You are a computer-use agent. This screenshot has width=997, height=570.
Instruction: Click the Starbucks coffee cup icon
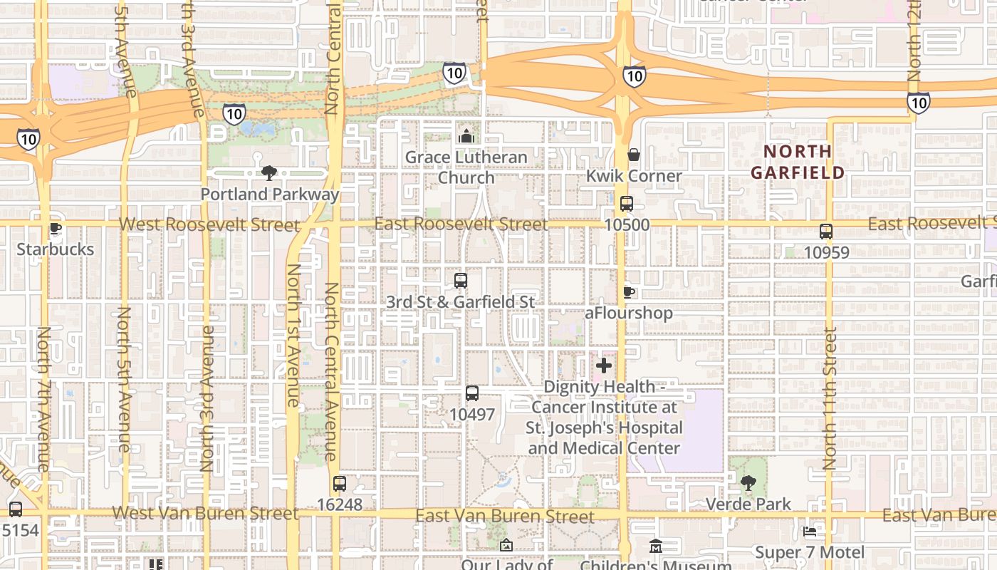click(x=55, y=229)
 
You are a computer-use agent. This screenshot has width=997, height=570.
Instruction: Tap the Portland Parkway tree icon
click(x=269, y=172)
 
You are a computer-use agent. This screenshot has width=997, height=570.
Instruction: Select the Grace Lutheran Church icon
click(x=466, y=135)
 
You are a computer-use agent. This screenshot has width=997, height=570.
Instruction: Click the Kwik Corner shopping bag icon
click(x=634, y=155)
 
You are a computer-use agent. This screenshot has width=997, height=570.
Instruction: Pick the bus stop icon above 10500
click(x=627, y=204)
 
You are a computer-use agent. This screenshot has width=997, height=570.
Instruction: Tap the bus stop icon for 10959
click(x=826, y=232)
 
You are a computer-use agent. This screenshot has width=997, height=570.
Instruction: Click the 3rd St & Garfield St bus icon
click(x=461, y=281)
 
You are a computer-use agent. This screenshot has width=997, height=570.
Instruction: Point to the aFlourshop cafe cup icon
click(x=628, y=292)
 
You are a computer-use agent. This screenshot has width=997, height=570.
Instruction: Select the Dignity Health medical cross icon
click(x=604, y=366)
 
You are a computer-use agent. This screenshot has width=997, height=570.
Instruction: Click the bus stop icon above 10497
click(x=471, y=393)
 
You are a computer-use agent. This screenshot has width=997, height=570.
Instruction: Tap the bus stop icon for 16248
click(x=340, y=484)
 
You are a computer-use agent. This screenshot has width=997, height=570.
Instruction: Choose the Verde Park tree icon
click(x=748, y=483)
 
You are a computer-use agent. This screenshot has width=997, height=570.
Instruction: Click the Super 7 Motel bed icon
click(x=810, y=532)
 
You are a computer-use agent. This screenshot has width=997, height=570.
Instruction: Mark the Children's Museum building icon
click(x=656, y=546)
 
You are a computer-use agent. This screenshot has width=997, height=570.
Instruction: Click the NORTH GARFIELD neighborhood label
click(x=798, y=162)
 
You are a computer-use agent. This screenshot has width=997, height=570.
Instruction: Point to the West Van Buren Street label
click(x=205, y=513)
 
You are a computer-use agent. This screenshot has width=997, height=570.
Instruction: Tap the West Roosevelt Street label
click(x=209, y=224)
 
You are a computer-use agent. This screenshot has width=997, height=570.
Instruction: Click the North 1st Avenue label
click(x=293, y=335)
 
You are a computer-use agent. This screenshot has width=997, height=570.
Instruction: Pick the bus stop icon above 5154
click(x=16, y=509)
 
